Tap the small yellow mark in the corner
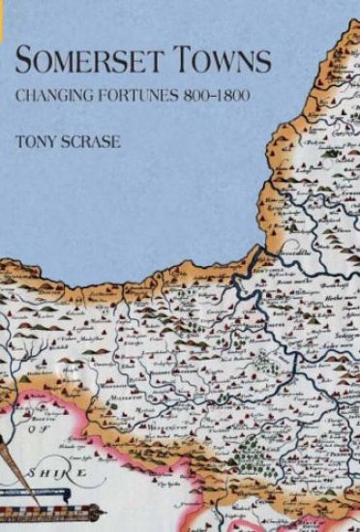point(3,3)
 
